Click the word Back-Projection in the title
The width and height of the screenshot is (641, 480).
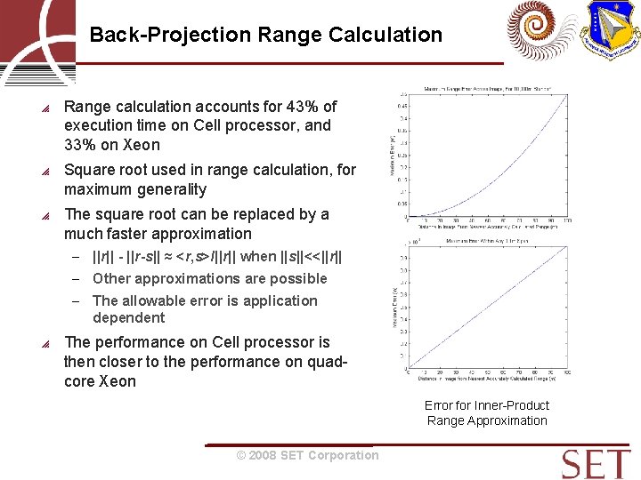click(x=170, y=36)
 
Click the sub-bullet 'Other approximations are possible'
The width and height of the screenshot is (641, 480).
click(x=209, y=278)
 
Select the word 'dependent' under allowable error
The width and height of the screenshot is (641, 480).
click(x=128, y=317)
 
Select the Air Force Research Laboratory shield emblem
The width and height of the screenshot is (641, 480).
click(x=609, y=30)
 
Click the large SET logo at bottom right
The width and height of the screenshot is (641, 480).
click(x=596, y=464)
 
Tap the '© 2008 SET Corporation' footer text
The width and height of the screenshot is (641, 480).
click(x=307, y=455)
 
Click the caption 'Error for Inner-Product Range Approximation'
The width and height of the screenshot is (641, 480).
click(x=487, y=413)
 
